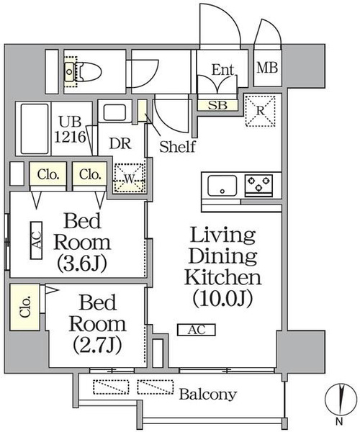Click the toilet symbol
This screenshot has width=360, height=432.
coord(83,72)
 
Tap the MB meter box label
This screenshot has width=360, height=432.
coord(267,68)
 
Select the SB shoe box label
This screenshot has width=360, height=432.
coord(217,105)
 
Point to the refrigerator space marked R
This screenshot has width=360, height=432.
coord(261,111)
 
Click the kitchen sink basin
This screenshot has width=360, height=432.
coord(222,185)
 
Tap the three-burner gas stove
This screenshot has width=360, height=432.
coord(258,184)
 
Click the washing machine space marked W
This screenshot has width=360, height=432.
coord(129,179)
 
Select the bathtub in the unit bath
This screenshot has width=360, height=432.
coord(35,129)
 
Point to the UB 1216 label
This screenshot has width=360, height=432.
coord(70,129)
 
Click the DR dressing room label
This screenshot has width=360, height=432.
coord(120,143)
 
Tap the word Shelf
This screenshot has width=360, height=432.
coord(177,147)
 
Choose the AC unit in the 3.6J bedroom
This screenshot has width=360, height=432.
coord(36,240)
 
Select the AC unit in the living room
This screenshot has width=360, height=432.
coord(197,330)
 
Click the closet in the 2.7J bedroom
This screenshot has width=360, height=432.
coord(24,307)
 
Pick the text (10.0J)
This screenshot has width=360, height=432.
coord(222,298)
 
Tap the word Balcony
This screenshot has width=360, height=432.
coord(208,395)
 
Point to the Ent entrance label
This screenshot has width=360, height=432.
coord(222,70)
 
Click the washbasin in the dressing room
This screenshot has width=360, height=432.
coord(114,112)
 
